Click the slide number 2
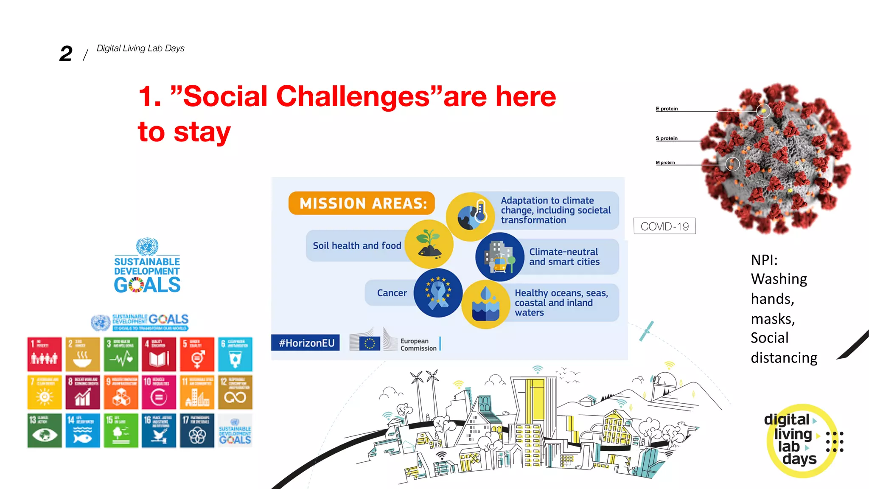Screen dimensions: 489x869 pyautogui.click(x=66, y=54)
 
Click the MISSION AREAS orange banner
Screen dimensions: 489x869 pyautogui.click(x=362, y=203)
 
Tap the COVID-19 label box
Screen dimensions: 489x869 pyautogui.click(x=664, y=226)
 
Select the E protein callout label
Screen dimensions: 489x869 pyautogui.click(x=667, y=109)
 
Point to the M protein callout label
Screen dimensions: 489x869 pyautogui.click(x=665, y=163)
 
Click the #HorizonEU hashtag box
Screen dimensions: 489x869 pyautogui.click(x=306, y=343)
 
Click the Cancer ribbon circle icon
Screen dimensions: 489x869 pyautogui.click(x=438, y=293)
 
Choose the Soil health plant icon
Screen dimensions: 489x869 pyautogui.click(x=429, y=244)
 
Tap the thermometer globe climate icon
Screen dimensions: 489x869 pyautogui.click(x=471, y=216)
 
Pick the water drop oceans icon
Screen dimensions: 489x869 pyautogui.click(x=486, y=304)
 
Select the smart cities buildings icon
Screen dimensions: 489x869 pyautogui.click(x=500, y=257)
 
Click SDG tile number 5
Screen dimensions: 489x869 pyautogui.click(x=197, y=354)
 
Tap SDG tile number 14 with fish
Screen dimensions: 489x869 pyautogui.click(x=83, y=430)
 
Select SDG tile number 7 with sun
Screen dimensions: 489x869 pyautogui.click(x=45, y=392)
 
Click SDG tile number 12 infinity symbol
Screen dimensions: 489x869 pyautogui.click(x=235, y=392)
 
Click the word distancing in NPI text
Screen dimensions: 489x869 pyautogui.click(x=784, y=358)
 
